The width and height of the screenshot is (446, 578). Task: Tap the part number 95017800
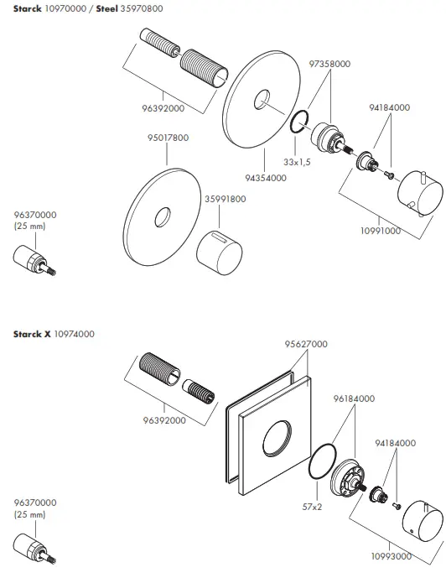point(168,138)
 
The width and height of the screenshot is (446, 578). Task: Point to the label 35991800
point(225,199)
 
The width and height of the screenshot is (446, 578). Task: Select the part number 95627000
point(306,344)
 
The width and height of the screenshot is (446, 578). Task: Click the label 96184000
point(354,399)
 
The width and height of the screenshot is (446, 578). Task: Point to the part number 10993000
point(392,555)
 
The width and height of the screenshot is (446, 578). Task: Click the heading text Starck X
point(32,334)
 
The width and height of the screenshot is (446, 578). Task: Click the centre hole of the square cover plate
point(277,440)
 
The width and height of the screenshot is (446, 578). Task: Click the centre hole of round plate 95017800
point(159,221)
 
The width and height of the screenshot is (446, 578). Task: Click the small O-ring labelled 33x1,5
point(298,127)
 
